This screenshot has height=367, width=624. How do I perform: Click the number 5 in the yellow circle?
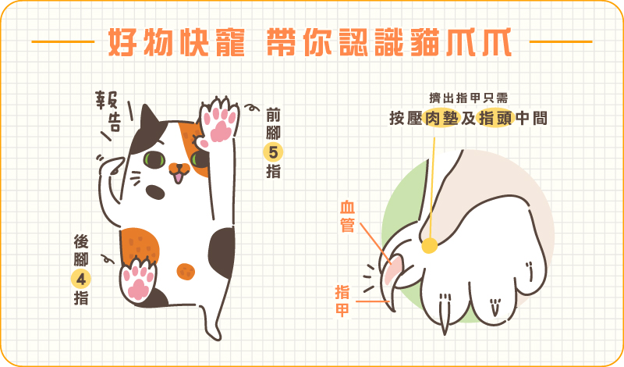[273, 152]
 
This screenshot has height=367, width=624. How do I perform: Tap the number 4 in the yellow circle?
[81, 279]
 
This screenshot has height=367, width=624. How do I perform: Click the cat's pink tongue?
[179, 177]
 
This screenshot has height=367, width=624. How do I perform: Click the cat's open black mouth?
[155, 192]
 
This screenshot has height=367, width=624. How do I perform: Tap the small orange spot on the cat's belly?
[186, 272]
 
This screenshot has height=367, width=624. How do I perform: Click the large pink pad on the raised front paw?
[221, 131]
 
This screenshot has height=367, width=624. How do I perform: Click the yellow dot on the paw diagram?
[430, 245]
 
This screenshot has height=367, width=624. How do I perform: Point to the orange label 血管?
[347, 216]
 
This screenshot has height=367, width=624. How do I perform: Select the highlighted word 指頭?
[495, 119]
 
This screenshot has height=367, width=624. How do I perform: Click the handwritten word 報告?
[108, 112]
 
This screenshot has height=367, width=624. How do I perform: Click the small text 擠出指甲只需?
[469, 98]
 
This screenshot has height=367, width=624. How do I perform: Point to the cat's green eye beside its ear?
[154, 159]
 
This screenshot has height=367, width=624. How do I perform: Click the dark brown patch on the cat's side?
[222, 253]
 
